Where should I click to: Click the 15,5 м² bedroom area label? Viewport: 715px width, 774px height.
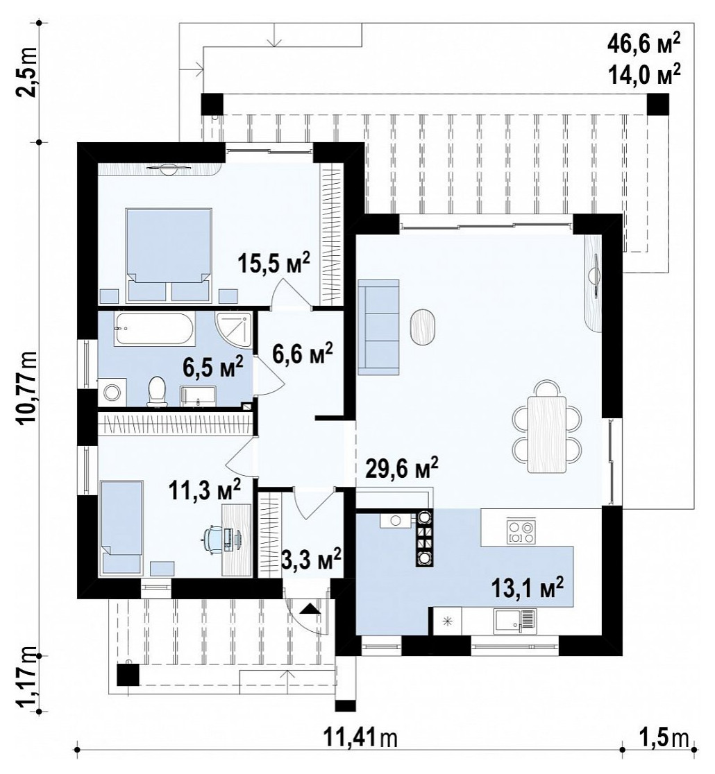[x=274, y=263]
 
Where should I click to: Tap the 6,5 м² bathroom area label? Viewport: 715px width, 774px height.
[x=213, y=367]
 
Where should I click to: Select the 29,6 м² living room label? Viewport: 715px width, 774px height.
[x=402, y=468]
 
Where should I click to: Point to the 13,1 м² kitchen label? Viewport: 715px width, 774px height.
[x=528, y=588]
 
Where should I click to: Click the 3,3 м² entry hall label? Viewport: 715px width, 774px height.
[x=311, y=559]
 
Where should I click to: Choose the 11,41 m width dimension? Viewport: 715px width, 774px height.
[x=360, y=738]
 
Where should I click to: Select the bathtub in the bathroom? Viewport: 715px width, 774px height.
[x=155, y=329]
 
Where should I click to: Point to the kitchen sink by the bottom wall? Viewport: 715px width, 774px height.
[x=514, y=621]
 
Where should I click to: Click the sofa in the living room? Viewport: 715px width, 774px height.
[x=378, y=327]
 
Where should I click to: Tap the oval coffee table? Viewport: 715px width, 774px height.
[x=423, y=328]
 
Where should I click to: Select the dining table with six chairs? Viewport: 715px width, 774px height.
[x=546, y=427]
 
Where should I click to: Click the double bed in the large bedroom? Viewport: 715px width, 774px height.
[x=169, y=255]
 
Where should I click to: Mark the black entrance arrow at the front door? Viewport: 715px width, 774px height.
[x=310, y=609]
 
